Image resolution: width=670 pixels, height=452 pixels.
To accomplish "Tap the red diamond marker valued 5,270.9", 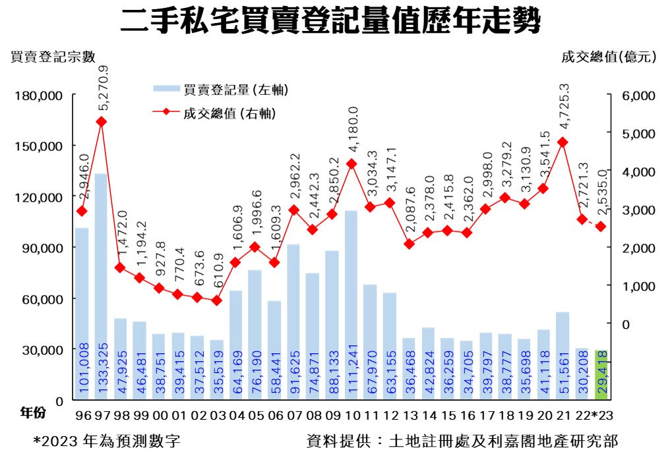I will click(x=101, y=121).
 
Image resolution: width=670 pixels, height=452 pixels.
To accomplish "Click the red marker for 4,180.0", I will click(x=351, y=163).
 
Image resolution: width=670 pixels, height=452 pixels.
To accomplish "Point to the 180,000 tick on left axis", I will click(x=39, y=96).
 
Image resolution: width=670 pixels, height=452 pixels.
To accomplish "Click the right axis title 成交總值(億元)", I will click(x=608, y=57).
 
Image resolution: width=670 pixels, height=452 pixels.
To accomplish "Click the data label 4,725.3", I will click(x=563, y=108).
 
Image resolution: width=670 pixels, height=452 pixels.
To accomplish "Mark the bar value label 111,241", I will click(x=351, y=369).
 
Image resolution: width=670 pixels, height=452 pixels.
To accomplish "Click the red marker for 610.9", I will click(x=216, y=300).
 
